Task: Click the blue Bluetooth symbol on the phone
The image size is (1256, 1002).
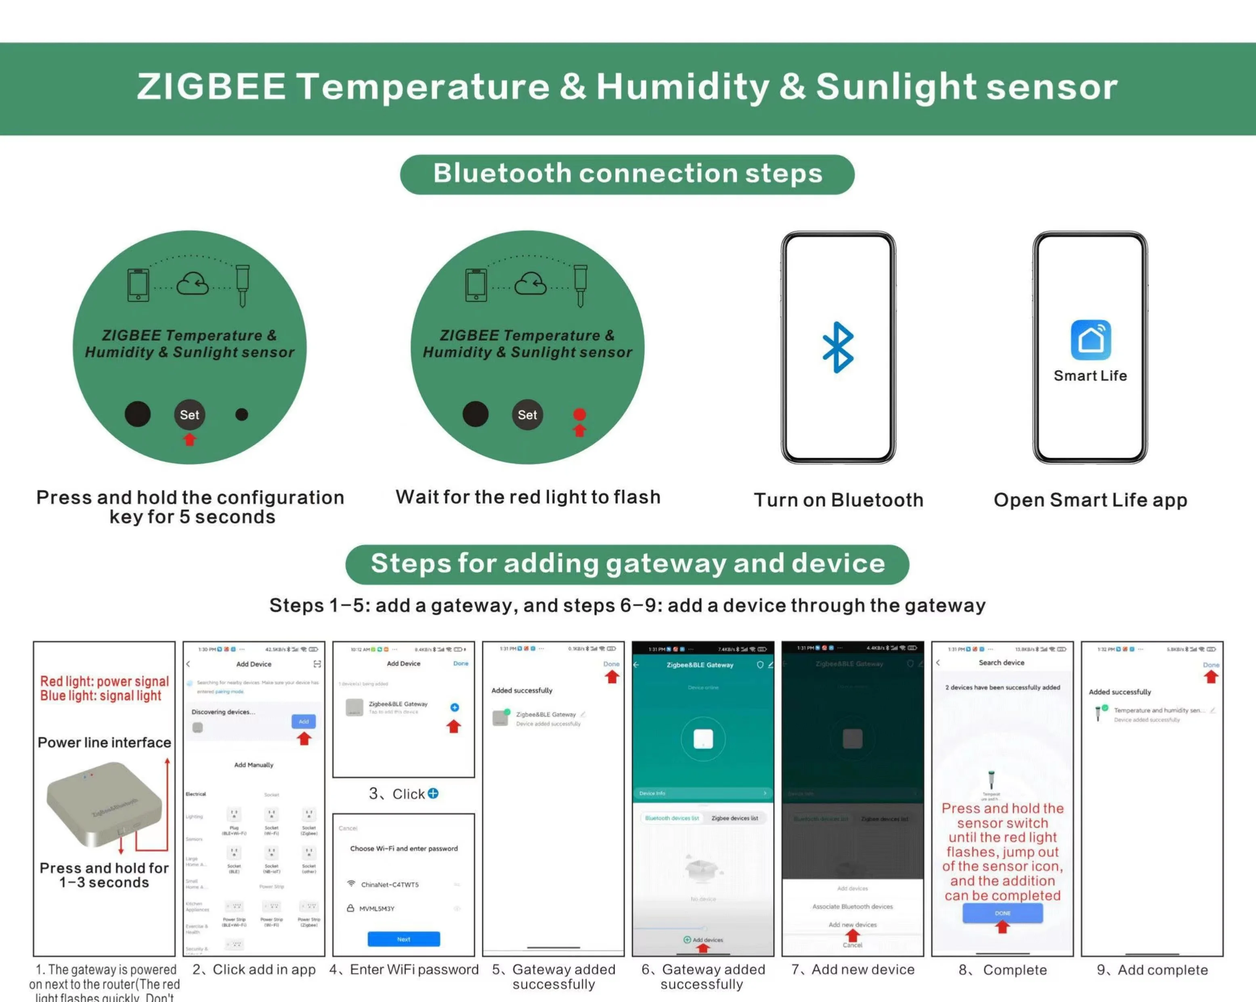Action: [x=838, y=347]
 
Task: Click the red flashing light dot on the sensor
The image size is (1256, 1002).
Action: [x=579, y=414]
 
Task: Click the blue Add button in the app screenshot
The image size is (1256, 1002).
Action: [x=304, y=722]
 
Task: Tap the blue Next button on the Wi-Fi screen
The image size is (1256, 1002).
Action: [x=404, y=939]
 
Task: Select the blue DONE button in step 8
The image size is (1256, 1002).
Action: [x=1002, y=913]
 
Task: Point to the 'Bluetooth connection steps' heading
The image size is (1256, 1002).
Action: [x=627, y=174]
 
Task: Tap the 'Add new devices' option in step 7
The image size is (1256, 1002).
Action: [x=852, y=924]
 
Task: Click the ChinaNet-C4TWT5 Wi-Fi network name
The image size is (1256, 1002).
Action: [x=389, y=884]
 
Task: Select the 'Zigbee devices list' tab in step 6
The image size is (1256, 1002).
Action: [x=735, y=818]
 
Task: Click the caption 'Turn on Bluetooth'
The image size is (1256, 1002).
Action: [x=838, y=500]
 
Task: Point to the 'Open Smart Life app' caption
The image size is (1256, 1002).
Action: [x=1090, y=500]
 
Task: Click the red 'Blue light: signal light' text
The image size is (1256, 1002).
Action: [x=101, y=695]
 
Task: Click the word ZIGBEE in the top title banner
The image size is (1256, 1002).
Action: [x=211, y=86]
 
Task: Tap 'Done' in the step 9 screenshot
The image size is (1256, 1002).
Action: [x=1210, y=664]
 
